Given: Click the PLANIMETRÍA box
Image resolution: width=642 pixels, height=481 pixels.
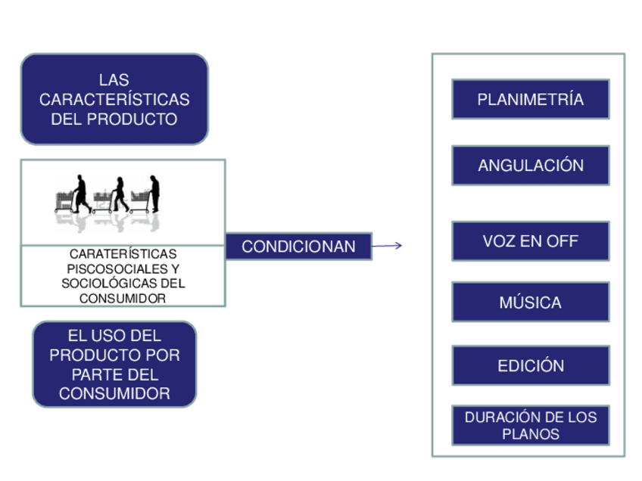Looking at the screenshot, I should (x=530, y=99).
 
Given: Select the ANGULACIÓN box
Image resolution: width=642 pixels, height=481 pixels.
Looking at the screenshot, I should (x=530, y=166).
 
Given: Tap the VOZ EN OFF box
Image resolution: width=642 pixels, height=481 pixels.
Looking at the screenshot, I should (x=530, y=241).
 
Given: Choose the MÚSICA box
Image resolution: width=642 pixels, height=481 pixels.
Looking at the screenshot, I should (x=530, y=303).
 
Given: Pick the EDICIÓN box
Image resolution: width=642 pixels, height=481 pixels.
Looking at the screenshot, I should (x=530, y=365).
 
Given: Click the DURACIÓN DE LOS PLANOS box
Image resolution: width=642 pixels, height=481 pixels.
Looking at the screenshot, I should (x=530, y=426).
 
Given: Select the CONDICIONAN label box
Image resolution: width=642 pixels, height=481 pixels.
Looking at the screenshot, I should (x=298, y=247).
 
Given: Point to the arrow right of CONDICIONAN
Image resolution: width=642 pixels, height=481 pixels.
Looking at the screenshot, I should (x=387, y=245).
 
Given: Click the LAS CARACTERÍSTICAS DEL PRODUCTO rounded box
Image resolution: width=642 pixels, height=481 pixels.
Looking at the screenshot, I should (x=114, y=99).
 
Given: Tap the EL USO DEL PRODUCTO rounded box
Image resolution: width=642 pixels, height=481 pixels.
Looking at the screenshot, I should (x=114, y=365).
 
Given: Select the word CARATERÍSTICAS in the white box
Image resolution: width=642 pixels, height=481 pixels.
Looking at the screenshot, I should (x=123, y=254).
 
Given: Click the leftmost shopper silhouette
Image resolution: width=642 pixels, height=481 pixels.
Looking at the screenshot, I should (x=80, y=194).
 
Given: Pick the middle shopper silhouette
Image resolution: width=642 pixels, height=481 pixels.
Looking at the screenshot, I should (x=119, y=194).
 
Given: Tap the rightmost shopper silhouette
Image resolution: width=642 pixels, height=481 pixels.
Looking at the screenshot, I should (x=154, y=193).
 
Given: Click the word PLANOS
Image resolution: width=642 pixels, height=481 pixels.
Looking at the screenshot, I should (x=531, y=434).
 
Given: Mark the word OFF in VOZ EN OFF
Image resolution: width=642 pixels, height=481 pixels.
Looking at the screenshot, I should (x=562, y=241).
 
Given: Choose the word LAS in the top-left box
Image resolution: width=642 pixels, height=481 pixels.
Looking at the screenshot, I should (x=114, y=79).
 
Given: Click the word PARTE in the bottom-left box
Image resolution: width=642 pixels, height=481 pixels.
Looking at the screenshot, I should (x=93, y=374).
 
